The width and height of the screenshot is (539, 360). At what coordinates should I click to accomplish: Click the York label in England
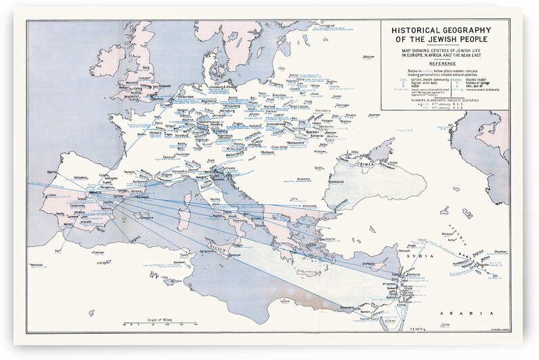[x=145, y=68]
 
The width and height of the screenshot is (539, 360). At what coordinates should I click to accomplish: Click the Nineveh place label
[x=452, y=234]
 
